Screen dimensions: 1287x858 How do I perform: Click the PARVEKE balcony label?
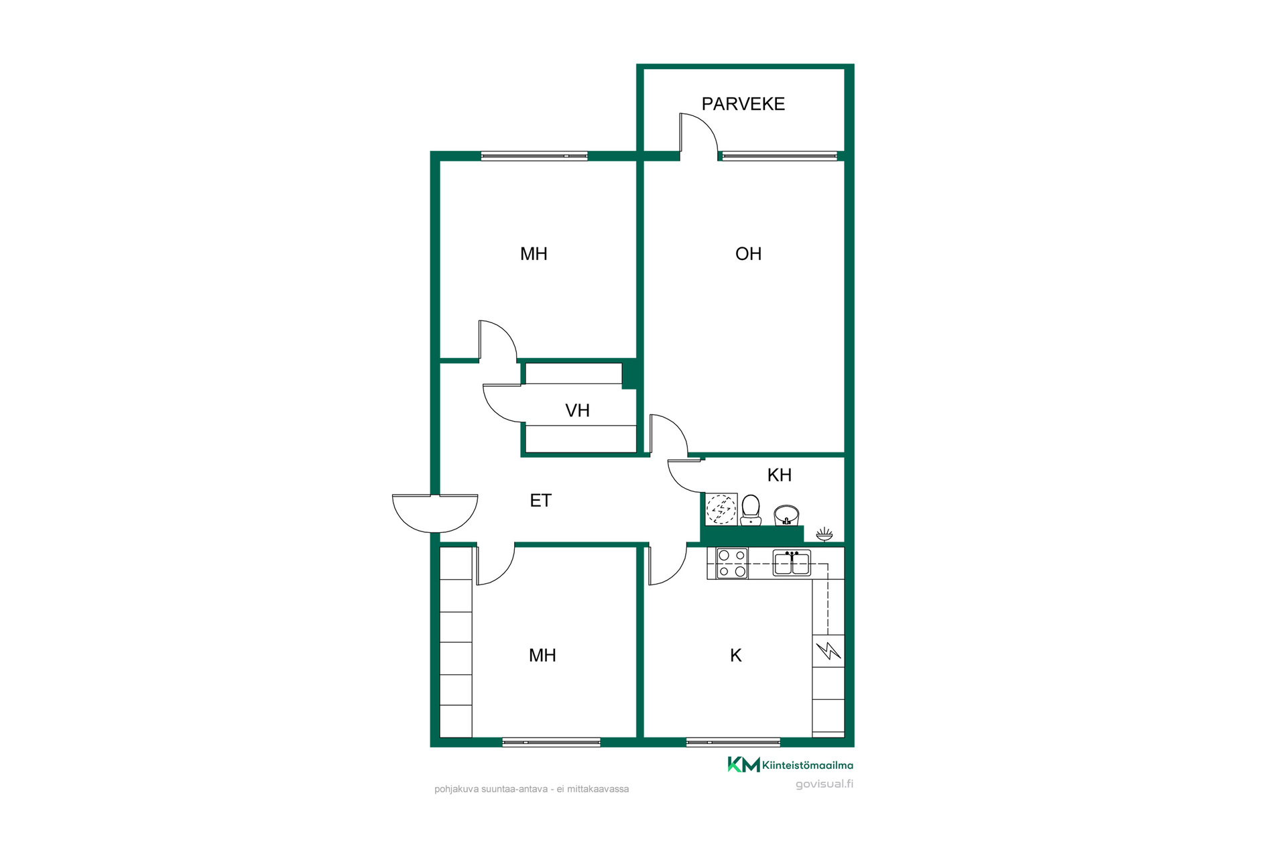click(743, 104)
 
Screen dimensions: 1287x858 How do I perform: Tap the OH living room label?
click(748, 253)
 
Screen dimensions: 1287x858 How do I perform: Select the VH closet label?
click(577, 410)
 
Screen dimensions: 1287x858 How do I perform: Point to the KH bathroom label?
click(779, 475)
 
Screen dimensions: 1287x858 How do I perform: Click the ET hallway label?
click(540, 501)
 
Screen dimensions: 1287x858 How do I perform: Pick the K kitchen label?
click(735, 656)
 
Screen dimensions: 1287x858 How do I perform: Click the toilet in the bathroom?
click(751, 510)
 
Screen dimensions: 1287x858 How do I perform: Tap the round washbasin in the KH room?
click(786, 515)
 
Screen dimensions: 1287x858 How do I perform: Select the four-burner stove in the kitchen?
click(732, 563)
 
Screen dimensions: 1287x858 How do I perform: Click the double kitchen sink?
click(792, 563)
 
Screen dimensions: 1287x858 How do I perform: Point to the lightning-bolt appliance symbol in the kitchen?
click(829, 650)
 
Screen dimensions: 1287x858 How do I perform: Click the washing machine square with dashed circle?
click(721, 509)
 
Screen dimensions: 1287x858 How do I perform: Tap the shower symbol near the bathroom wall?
click(824, 534)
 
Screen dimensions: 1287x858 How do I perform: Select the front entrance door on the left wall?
click(435, 513)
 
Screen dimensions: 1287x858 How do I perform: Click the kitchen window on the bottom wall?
click(733, 742)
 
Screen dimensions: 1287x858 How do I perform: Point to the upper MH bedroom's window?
click(534, 156)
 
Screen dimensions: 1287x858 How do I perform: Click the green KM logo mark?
click(743, 765)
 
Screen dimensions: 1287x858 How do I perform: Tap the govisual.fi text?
click(824, 784)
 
